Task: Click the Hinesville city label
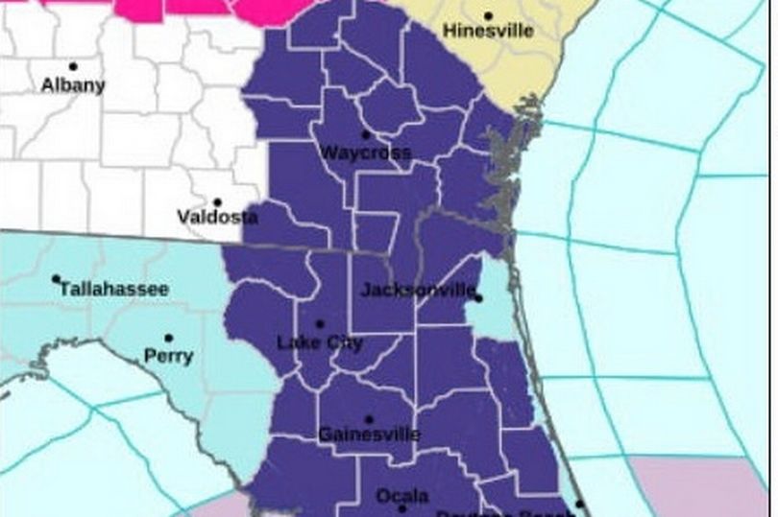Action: [487, 32]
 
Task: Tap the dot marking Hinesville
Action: [488, 15]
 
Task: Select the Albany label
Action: [73, 84]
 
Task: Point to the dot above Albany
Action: [73, 66]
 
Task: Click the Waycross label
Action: [365, 153]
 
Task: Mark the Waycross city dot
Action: [365, 134]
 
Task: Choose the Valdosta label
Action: [218, 218]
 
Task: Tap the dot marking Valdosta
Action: [217, 202]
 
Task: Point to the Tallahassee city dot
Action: [57, 279]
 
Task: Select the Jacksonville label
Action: [419, 290]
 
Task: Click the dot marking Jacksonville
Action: [477, 298]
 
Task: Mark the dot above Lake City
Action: [319, 324]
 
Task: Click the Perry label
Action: [168, 356]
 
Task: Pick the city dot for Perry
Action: [169, 338]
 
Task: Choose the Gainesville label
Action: [369, 435]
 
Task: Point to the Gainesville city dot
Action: [369, 418]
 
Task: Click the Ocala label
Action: [402, 496]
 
